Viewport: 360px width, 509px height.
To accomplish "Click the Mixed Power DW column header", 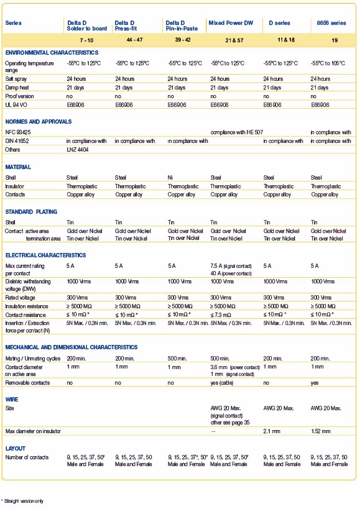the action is (x=231, y=23).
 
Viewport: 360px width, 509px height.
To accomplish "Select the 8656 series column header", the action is (x=331, y=23).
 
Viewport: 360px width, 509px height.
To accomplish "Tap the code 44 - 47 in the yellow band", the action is (x=134, y=40).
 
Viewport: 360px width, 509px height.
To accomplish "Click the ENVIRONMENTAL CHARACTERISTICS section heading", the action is (x=52, y=53).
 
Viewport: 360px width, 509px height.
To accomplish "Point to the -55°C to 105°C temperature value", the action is (x=328, y=63).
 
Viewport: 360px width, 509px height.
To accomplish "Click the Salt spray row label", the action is (x=16, y=79).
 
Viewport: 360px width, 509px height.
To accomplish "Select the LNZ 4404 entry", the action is (x=77, y=149).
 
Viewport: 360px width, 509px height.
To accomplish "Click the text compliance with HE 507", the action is (x=237, y=132).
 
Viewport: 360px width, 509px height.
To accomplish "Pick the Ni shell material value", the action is (x=170, y=178).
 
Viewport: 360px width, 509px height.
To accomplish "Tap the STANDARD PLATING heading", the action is (x=31, y=212).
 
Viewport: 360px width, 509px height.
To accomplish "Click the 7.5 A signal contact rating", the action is (x=231, y=266).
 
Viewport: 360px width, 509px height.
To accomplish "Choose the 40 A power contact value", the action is (x=231, y=273).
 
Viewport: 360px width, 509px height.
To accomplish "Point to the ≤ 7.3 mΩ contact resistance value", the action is (x=221, y=315).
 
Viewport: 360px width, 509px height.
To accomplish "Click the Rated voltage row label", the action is (x=20, y=298).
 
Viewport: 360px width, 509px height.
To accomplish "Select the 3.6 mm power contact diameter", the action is (x=235, y=367).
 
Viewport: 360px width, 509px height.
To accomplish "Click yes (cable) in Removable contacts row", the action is (x=222, y=383).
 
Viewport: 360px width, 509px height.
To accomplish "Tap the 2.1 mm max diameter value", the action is (x=272, y=431).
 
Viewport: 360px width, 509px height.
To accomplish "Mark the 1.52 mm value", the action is (x=320, y=431).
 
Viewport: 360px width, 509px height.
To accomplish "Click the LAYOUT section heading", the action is (x=16, y=448).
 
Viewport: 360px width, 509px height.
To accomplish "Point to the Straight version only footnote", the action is (x=22, y=501).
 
